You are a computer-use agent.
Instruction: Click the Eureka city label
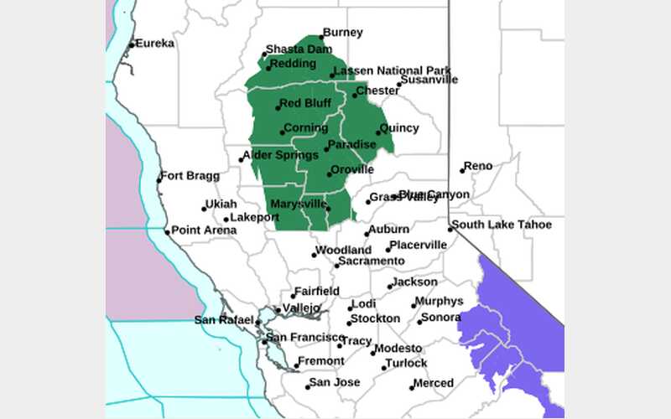(156, 43)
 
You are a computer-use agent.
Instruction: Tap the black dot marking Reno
(462, 171)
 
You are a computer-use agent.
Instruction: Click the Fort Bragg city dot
(159, 180)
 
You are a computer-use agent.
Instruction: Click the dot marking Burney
(321, 38)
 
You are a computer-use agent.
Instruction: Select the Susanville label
(429, 80)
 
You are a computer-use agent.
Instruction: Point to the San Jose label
(335, 382)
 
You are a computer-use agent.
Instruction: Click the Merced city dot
(413, 387)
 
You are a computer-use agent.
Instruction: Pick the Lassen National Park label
(393, 70)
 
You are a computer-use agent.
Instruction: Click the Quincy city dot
(378, 132)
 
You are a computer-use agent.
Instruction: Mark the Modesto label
(398, 348)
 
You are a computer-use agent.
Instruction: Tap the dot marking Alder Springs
(242, 159)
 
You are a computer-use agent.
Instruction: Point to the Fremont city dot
(297, 365)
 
